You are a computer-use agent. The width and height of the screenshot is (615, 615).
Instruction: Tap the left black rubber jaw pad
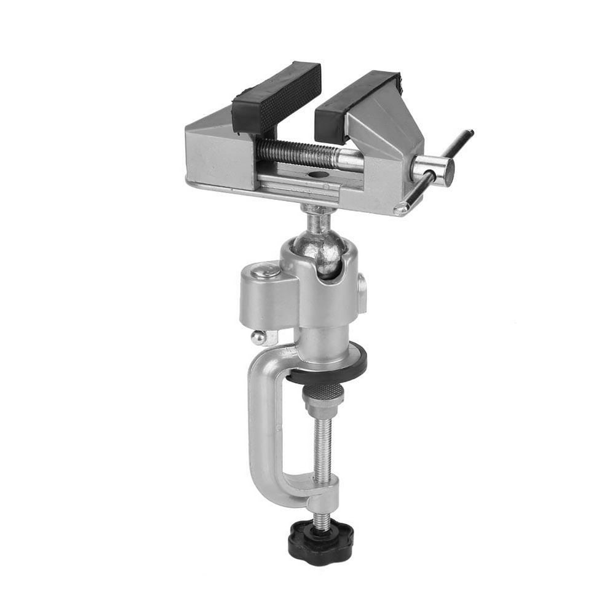coord(277,97)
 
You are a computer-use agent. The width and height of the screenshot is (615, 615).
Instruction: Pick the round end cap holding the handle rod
coord(434,170)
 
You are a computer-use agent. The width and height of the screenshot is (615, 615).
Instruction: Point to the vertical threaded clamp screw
coord(320,449)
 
